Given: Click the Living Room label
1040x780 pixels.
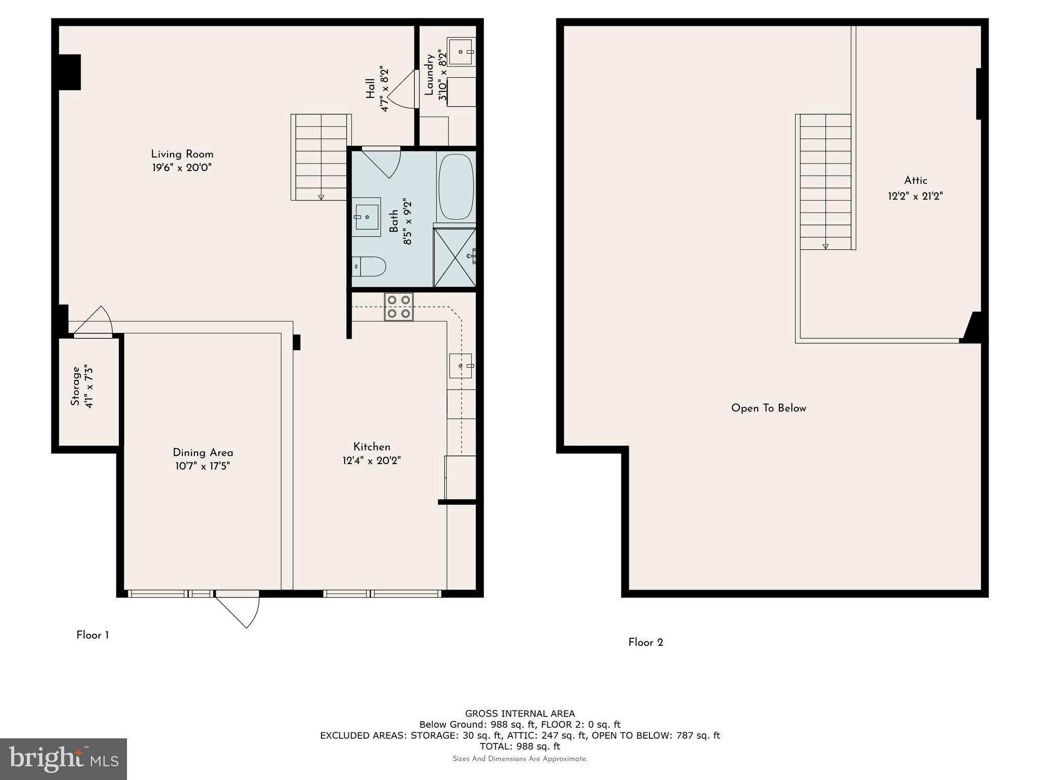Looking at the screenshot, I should [x=182, y=154].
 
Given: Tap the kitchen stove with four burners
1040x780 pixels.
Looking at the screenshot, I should [x=399, y=307].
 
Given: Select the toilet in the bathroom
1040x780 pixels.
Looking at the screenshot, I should [x=369, y=267].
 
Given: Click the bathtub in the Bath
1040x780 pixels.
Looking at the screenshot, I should [x=456, y=187].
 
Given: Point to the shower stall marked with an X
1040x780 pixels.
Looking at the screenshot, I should [x=454, y=257].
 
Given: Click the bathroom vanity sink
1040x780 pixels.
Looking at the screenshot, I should [x=367, y=217].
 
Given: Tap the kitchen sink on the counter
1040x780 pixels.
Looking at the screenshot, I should [x=461, y=366].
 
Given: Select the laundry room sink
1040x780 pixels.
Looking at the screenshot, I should [x=461, y=51].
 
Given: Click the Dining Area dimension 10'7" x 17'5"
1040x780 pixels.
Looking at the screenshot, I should [x=203, y=466].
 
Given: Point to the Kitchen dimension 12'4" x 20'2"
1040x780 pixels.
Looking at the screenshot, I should [x=372, y=461].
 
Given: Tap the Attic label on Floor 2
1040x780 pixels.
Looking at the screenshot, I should [x=915, y=180].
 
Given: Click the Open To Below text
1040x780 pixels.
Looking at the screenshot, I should [x=768, y=408].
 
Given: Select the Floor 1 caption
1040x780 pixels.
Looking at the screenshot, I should [x=92, y=635].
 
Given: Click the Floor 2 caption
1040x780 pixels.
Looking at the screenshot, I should [x=645, y=642].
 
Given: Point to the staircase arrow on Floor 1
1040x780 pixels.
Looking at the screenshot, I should [x=321, y=197].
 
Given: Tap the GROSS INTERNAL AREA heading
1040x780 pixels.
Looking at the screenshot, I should [x=519, y=713].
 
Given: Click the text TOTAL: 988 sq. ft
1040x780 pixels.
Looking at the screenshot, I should [x=519, y=746].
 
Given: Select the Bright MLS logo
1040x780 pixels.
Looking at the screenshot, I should [x=63, y=759].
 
